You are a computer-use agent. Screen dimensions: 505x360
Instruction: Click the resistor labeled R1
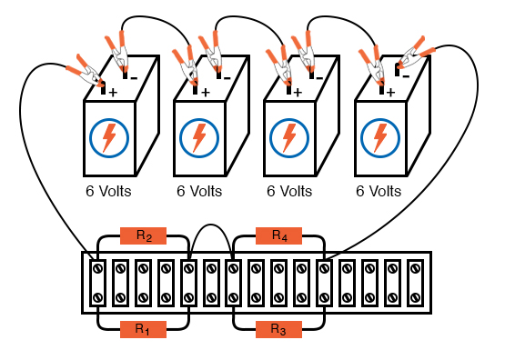[144, 329]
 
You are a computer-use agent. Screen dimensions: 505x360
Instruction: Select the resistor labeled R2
[144, 235]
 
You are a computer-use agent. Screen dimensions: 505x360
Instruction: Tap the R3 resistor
[279, 329]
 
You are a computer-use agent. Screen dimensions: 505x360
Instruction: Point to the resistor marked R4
[279, 235]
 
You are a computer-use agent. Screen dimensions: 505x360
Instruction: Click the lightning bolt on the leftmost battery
[109, 137]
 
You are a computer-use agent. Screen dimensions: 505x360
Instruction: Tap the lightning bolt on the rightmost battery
[380, 137]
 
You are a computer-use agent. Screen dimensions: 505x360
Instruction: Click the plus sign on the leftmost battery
[113, 93]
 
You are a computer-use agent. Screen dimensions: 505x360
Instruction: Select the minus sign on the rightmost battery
[406, 76]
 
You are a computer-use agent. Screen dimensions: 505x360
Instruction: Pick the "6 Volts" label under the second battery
[199, 192]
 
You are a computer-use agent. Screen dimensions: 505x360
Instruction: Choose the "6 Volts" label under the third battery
[289, 192]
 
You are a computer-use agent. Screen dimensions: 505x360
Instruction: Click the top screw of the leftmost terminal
[97, 268]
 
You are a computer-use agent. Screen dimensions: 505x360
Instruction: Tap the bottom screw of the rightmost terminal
[415, 297]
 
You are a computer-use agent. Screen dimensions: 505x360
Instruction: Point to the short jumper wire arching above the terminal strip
[210, 225]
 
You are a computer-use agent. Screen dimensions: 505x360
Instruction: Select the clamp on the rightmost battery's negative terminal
[416, 54]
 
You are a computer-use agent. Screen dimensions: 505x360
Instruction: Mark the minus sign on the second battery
[227, 78]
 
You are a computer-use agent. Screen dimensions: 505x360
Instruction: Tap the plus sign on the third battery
[298, 93]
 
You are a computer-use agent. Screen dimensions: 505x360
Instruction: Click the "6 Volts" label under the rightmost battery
[379, 192]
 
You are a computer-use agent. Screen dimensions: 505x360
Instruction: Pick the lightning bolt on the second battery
[199, 137]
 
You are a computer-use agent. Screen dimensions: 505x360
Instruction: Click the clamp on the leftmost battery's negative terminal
[118, 52]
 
